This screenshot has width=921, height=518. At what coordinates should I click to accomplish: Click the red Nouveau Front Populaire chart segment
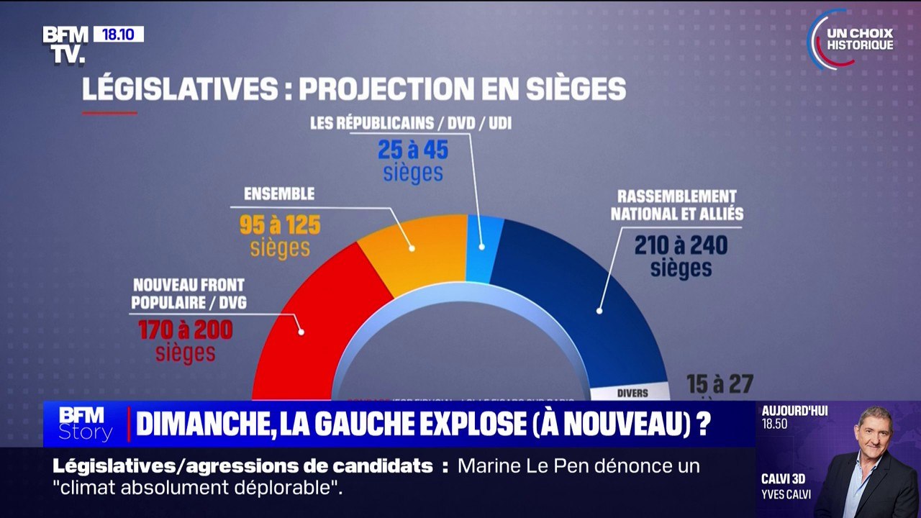(317, 331)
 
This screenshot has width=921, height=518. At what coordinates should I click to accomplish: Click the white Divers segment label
(632, 393)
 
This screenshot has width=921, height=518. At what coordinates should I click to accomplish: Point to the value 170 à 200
(185, 331)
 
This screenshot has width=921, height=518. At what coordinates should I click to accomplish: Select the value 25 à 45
(413, 150)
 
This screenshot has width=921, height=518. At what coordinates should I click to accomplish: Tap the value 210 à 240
(681, 245)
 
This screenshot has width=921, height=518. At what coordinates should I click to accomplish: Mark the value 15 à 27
(719, 383)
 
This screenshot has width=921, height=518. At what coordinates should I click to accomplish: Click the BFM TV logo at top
(65, 45)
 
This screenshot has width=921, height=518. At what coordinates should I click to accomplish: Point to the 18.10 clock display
(118, 35)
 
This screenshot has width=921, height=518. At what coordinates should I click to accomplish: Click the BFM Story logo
(85, 424)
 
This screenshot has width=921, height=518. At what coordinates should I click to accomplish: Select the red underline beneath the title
(109, 113)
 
